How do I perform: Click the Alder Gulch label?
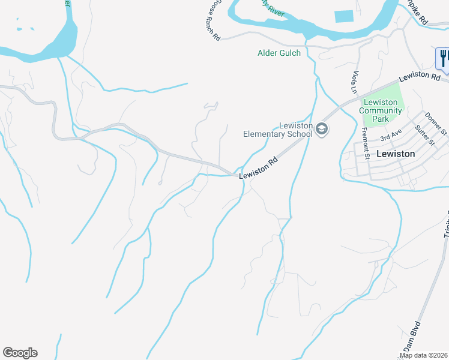pos(279,53)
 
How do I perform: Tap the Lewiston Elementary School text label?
pos(279,130)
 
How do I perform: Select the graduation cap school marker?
pos(322,129)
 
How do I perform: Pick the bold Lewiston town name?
pos(395,154)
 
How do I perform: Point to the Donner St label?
pos(436,124)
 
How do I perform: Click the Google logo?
pos(20,353)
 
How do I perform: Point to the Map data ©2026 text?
pos(424,355)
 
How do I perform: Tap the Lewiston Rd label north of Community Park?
pos(420,76)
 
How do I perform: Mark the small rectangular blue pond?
pos(343,16)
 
